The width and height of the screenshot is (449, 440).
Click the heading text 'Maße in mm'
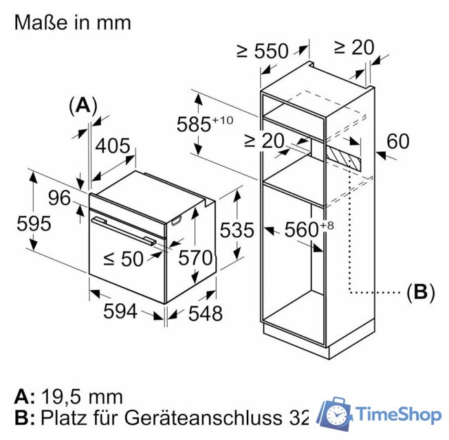pyautogui.click(x=72, y=22)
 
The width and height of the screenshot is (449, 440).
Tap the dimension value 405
pyautogui.click(x=112, y=146)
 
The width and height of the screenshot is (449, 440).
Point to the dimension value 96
pyautogui.click(x=59, y=198)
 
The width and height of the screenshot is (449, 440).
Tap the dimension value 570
pyautogui.click(x=195, y=258)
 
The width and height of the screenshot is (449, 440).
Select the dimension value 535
pyautogui.click(x=237, y=230)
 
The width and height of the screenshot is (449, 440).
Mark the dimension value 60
pyautogui.click(x=397, y=141)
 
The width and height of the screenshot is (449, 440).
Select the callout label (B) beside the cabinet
pyautogui.click(x=420, y=292)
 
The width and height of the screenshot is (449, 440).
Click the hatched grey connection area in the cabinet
pyautogui.click(x=344, y=156)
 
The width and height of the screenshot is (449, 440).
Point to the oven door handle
pyautogui.click(x=124, y=230)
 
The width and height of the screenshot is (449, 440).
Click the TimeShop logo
pyautogui.click(x=382, y=415)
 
